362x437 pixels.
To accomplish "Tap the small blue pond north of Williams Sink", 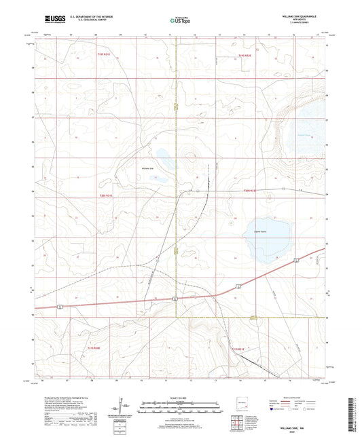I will [x=164, y=153].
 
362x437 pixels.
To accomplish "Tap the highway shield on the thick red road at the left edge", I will [x=61, y=307].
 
